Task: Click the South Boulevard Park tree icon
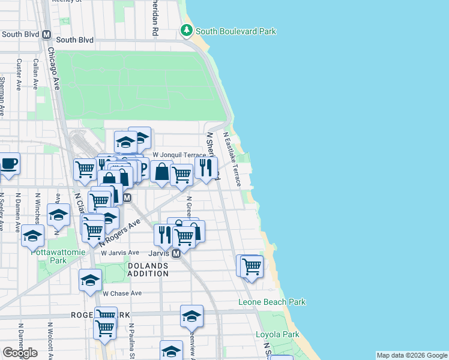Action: click(187, 30)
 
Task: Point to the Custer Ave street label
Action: click(20, 74)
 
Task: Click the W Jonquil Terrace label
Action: click(180, 155)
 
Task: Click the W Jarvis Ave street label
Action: click(120, 253)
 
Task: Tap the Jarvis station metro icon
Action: click(176, 254)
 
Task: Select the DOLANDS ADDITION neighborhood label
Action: click(148, 269)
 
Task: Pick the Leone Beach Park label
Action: click(272, 302)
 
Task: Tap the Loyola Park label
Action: click(277, 334)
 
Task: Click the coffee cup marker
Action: click(8, 164)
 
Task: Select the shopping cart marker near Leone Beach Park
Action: click(252, 265)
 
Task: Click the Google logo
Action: click(20, 353)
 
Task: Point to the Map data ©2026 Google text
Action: click(412, 355)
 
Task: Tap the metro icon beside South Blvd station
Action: click(47, 34)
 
